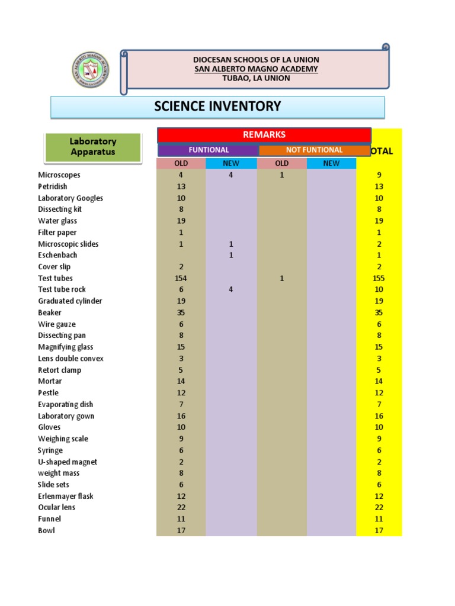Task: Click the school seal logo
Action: (90, 69)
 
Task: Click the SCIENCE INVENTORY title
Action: (217, 107)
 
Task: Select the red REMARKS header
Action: (264, 135)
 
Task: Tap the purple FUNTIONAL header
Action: (209, 150)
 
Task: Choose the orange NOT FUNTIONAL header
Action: (314, 150)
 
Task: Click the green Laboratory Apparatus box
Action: (93, 147)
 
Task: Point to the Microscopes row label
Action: (59, 175)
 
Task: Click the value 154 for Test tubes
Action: (181, 278)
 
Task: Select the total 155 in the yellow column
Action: (379, 278)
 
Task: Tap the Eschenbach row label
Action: (57, 255)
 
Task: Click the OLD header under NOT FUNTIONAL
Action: (282, 163)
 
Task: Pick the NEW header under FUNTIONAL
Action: (231, 163)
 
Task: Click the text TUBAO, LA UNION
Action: (256, 78)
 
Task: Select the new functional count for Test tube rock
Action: (231, 289)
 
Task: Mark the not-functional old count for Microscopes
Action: (282, 175)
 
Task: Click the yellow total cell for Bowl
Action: (379, 530)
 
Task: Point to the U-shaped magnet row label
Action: (68, 462)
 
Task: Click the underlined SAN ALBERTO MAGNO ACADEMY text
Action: (256, 69)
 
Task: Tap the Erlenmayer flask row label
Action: (66, 496)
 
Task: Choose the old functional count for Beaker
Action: (181, 312)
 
